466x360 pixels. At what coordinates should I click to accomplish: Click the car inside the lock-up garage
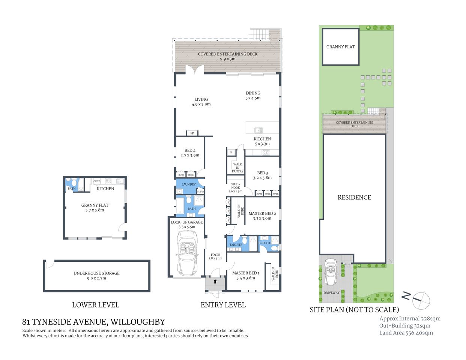pos(187,253)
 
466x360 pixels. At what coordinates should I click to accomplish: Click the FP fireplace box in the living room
pos(192,133)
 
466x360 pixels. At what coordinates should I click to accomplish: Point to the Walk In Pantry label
pos(238,168)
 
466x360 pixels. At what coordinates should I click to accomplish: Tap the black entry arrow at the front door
pos(215,281)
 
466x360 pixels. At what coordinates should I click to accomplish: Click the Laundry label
pos(188,184)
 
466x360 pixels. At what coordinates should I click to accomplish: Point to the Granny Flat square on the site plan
pos(340,47)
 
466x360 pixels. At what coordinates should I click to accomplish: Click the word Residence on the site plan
pos(354,197)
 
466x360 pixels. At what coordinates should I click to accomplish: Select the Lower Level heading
pos(95,305)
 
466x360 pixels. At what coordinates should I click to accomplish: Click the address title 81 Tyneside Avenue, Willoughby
pos(93,322)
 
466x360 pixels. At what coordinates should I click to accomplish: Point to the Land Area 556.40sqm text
pos(406,333)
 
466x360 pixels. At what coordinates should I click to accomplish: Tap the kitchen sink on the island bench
pos(259,130)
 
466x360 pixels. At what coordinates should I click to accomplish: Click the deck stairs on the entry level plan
pos(260,34)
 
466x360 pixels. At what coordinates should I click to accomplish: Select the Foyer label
pos(215,255)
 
